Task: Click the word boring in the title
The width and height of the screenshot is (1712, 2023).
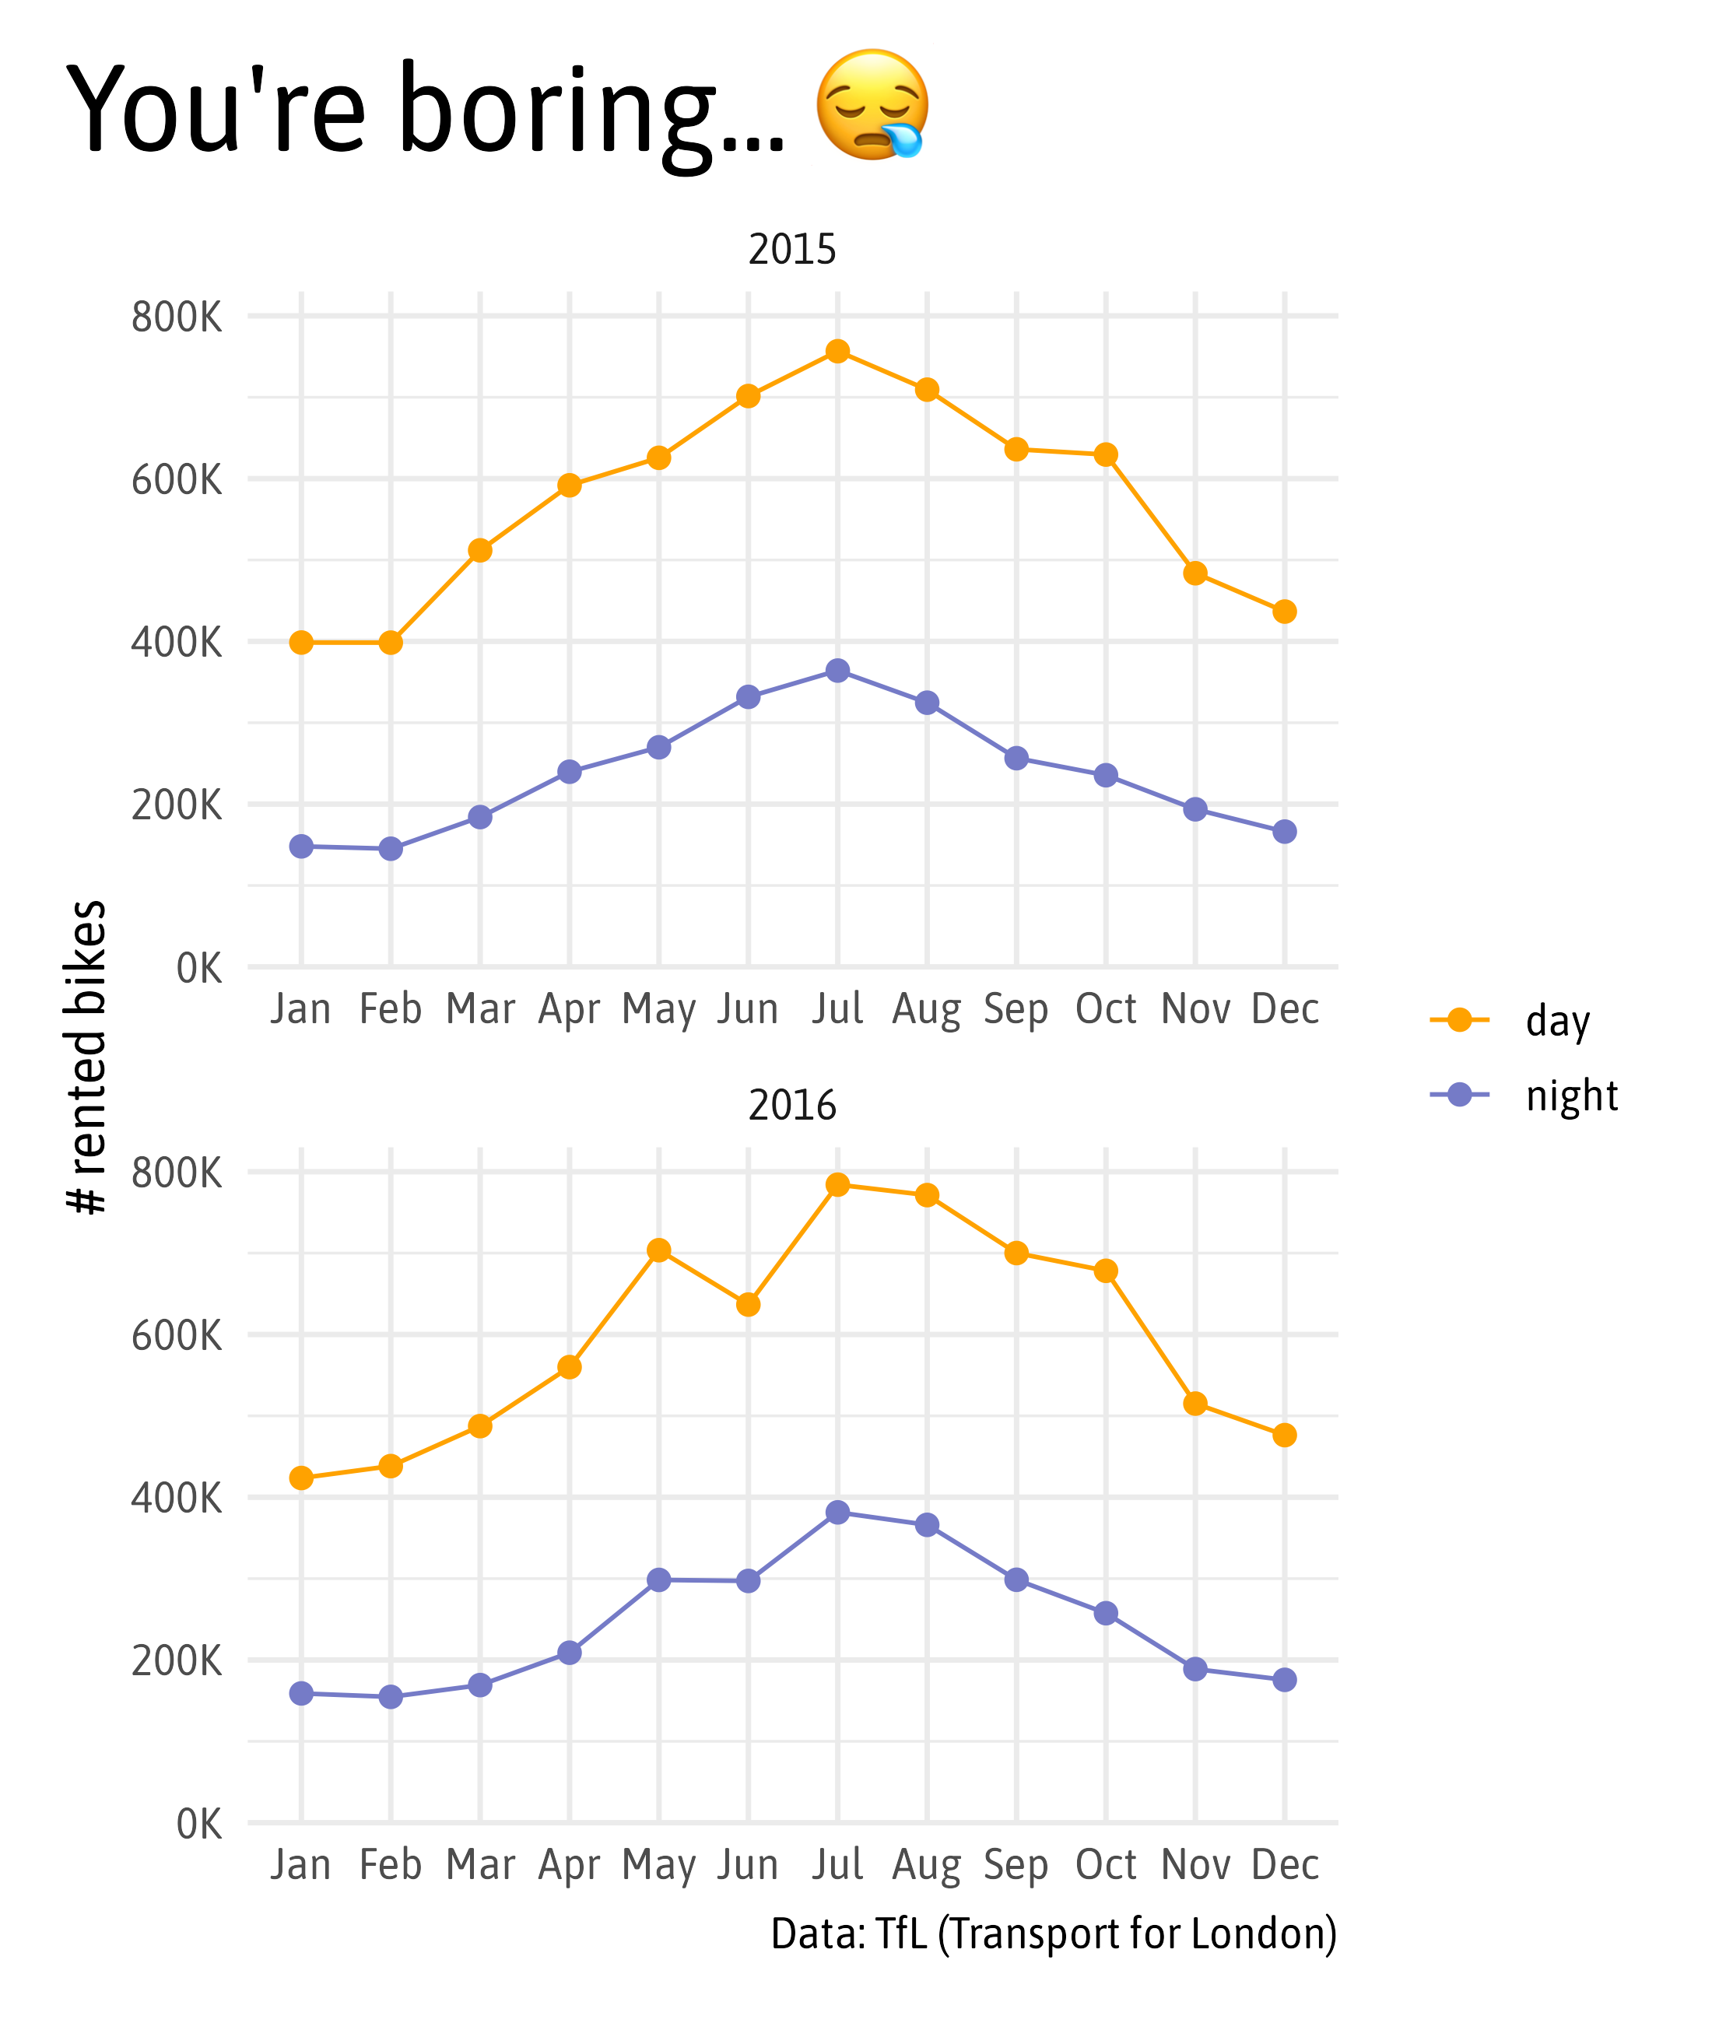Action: [x=557, y=109]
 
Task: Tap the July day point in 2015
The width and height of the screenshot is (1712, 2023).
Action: [x=837, y=351]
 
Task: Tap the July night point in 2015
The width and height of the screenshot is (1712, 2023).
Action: [x=837, y=671]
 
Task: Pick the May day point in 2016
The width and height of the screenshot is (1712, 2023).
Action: [x=659, y=1250]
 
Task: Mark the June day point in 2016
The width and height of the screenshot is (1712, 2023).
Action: [x=749, y=1304]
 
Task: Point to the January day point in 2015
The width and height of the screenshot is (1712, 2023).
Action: [x=301, y=643]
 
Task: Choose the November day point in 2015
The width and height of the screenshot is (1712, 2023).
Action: [x=1195, y=573]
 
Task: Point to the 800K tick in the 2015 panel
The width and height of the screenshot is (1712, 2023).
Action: [x=177, y=317]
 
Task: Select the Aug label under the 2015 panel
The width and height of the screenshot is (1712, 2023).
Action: [x=927, y=1009]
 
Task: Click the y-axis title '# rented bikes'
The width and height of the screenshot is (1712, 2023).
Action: [x=87, y=1057]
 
